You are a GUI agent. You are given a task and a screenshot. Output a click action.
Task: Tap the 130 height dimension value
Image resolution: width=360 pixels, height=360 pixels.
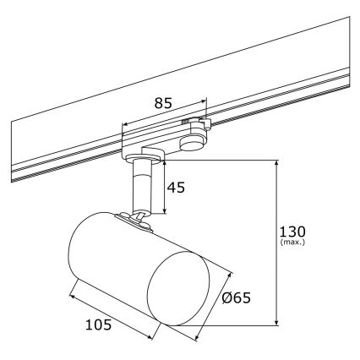point(292,231)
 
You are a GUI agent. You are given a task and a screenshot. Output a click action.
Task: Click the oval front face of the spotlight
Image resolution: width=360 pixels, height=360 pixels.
point(177,286)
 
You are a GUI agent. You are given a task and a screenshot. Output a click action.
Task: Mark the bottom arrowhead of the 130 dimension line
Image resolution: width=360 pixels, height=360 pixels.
point(277,322)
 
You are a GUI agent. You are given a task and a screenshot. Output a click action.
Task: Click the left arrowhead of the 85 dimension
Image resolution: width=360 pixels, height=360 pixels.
point(125,128)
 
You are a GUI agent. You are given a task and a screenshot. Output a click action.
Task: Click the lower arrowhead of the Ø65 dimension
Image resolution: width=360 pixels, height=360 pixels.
point(198,339)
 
